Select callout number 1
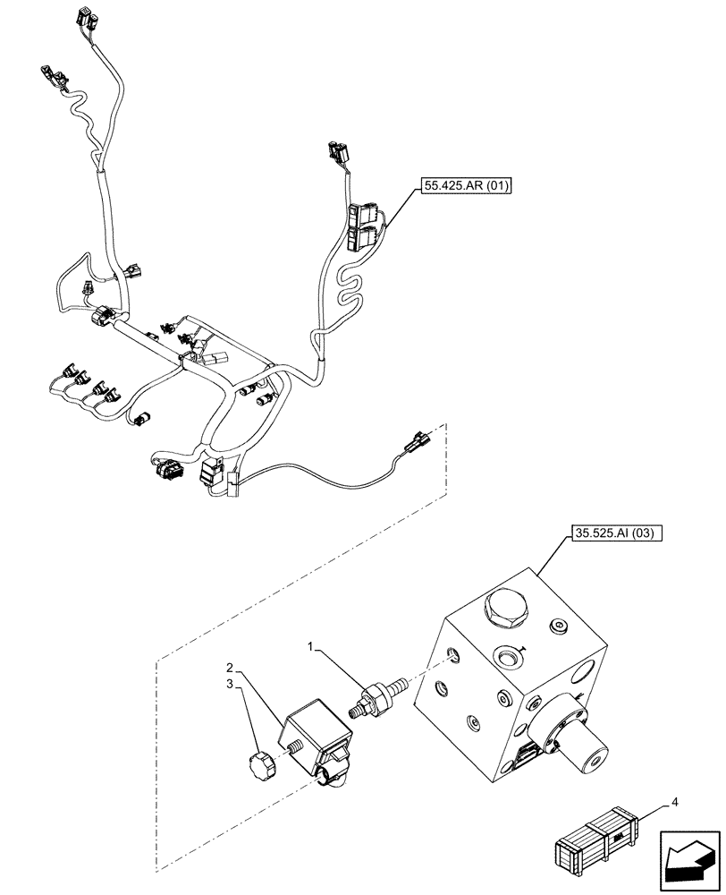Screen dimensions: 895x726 (x=310, y=645)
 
